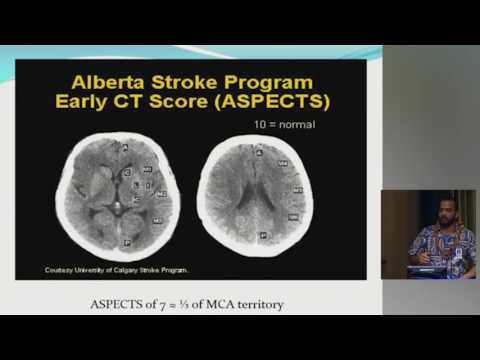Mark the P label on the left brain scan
(124, 242)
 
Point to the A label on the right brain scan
(259, 153)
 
